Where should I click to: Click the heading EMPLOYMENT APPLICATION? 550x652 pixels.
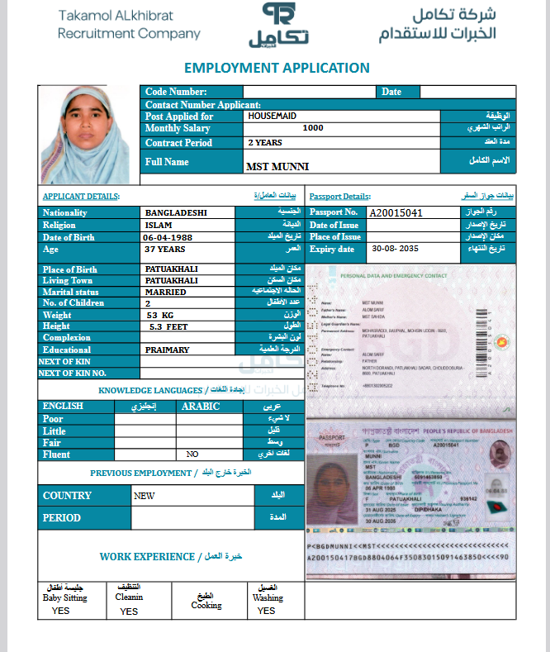click(x=277, y=68)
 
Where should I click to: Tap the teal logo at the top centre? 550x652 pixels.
click(x=277, y=25)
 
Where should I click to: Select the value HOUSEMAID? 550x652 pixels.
click(x=272, y=117)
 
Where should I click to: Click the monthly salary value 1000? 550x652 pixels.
click(x=313, y=128)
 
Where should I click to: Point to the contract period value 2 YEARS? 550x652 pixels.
click(x=265, y=142)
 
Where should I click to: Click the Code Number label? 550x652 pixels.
click(x=176, y=92)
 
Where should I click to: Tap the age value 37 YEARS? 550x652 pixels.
click(x=165, y=249)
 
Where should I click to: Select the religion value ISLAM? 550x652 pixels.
click(x=159, y=225)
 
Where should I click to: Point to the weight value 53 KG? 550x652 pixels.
click(x=160, y=315)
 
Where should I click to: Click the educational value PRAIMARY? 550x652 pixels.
click(x=167, y=350)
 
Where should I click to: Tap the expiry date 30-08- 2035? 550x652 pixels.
click(x=396, y=249)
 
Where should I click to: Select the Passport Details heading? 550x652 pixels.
click(x=339, y=197)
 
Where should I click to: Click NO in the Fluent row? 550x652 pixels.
click(x=192, y=454)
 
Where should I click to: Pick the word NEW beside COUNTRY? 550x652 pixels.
click(x=145, y=496)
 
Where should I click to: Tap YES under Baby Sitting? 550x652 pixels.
click(x=61, y=611)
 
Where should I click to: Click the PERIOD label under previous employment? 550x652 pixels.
click(x=62, y=518)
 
